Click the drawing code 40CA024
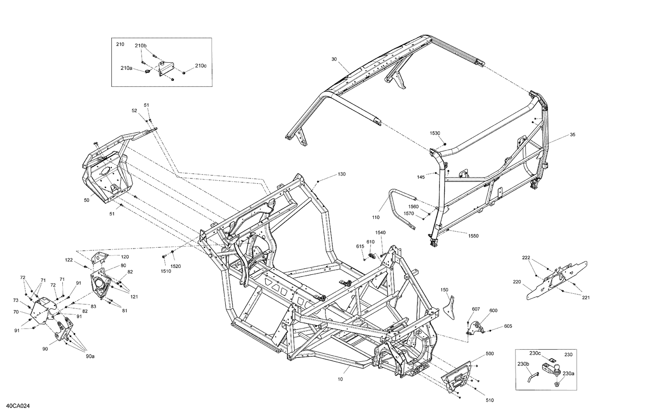(18, 406)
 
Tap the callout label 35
(572, 135)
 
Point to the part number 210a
(126, 68)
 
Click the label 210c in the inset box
(201, 66)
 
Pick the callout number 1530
(435, 133)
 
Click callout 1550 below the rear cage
(473, 236)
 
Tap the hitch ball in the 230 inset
(558, 368)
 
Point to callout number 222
(526, 258)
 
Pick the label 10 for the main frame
(341, 380)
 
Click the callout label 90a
(90, 356)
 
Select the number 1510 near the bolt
(165, 271)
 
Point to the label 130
(341, 174)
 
